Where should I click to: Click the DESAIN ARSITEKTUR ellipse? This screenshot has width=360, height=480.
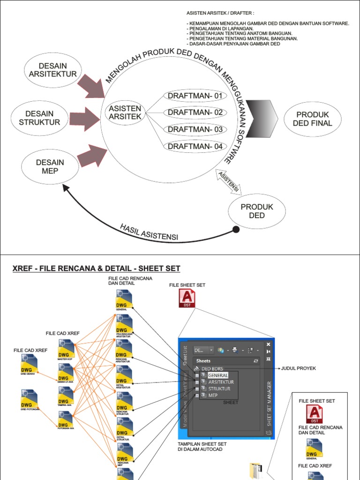click(x=53, y=70)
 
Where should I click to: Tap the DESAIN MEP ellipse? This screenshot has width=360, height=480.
click(x=50, y=167)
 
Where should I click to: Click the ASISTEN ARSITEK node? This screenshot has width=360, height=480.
click(x=125, y=112)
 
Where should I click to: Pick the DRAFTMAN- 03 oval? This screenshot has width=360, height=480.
click(x=195, y=129)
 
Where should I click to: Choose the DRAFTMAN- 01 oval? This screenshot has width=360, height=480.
click(x=195, y=97)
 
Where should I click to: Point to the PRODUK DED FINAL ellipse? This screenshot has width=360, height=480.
click(x=313, y=119)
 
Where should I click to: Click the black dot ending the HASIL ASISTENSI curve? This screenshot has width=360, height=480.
click(x=236, y=229)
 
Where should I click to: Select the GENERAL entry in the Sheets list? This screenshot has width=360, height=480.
click(x=218, y=375)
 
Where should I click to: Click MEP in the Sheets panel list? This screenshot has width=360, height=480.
click(x=214, y=395)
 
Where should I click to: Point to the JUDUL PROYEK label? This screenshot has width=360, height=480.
click(x=299, y=368)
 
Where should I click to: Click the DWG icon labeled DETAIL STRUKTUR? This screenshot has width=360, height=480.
click(x=124, y=427)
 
